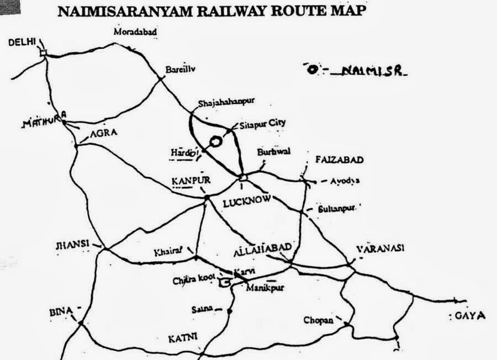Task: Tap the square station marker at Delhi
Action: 44,53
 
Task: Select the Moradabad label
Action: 135,32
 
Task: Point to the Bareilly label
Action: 181,70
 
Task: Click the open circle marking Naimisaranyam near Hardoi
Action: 217,141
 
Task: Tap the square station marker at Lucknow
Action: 242,177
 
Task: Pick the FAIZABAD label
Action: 339,160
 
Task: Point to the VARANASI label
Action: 380,248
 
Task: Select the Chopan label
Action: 319,320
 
